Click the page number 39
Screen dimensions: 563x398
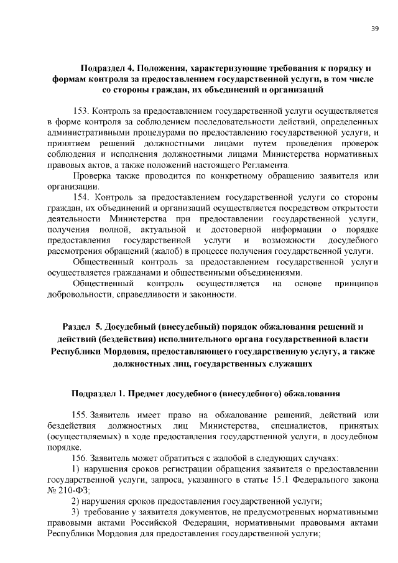click(x=374, y=29)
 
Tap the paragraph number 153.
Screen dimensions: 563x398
click(x=80, y=111)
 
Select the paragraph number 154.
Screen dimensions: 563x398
click(x=81, y=197)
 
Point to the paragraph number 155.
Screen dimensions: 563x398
click(x=80, y=415)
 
